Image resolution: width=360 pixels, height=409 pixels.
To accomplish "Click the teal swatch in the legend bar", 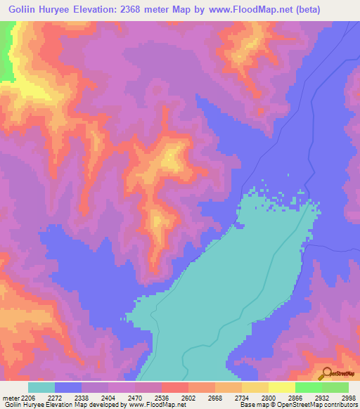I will (41, 387).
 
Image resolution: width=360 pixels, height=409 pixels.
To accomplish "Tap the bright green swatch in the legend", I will (308, 387).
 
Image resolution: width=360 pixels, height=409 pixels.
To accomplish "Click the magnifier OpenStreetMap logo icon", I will (325, 373).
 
